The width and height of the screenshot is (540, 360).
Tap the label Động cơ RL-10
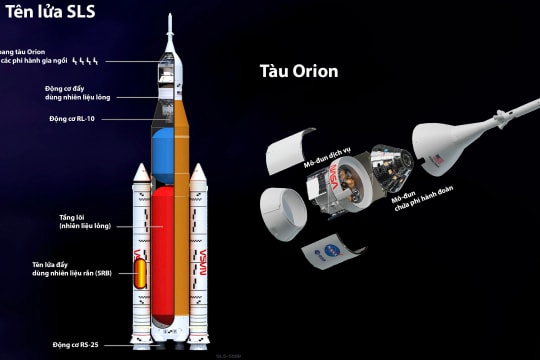[x=85, y=119]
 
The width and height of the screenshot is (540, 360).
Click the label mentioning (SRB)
[x=72, y=270]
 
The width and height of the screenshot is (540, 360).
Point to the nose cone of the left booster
[x=141, y=172]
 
